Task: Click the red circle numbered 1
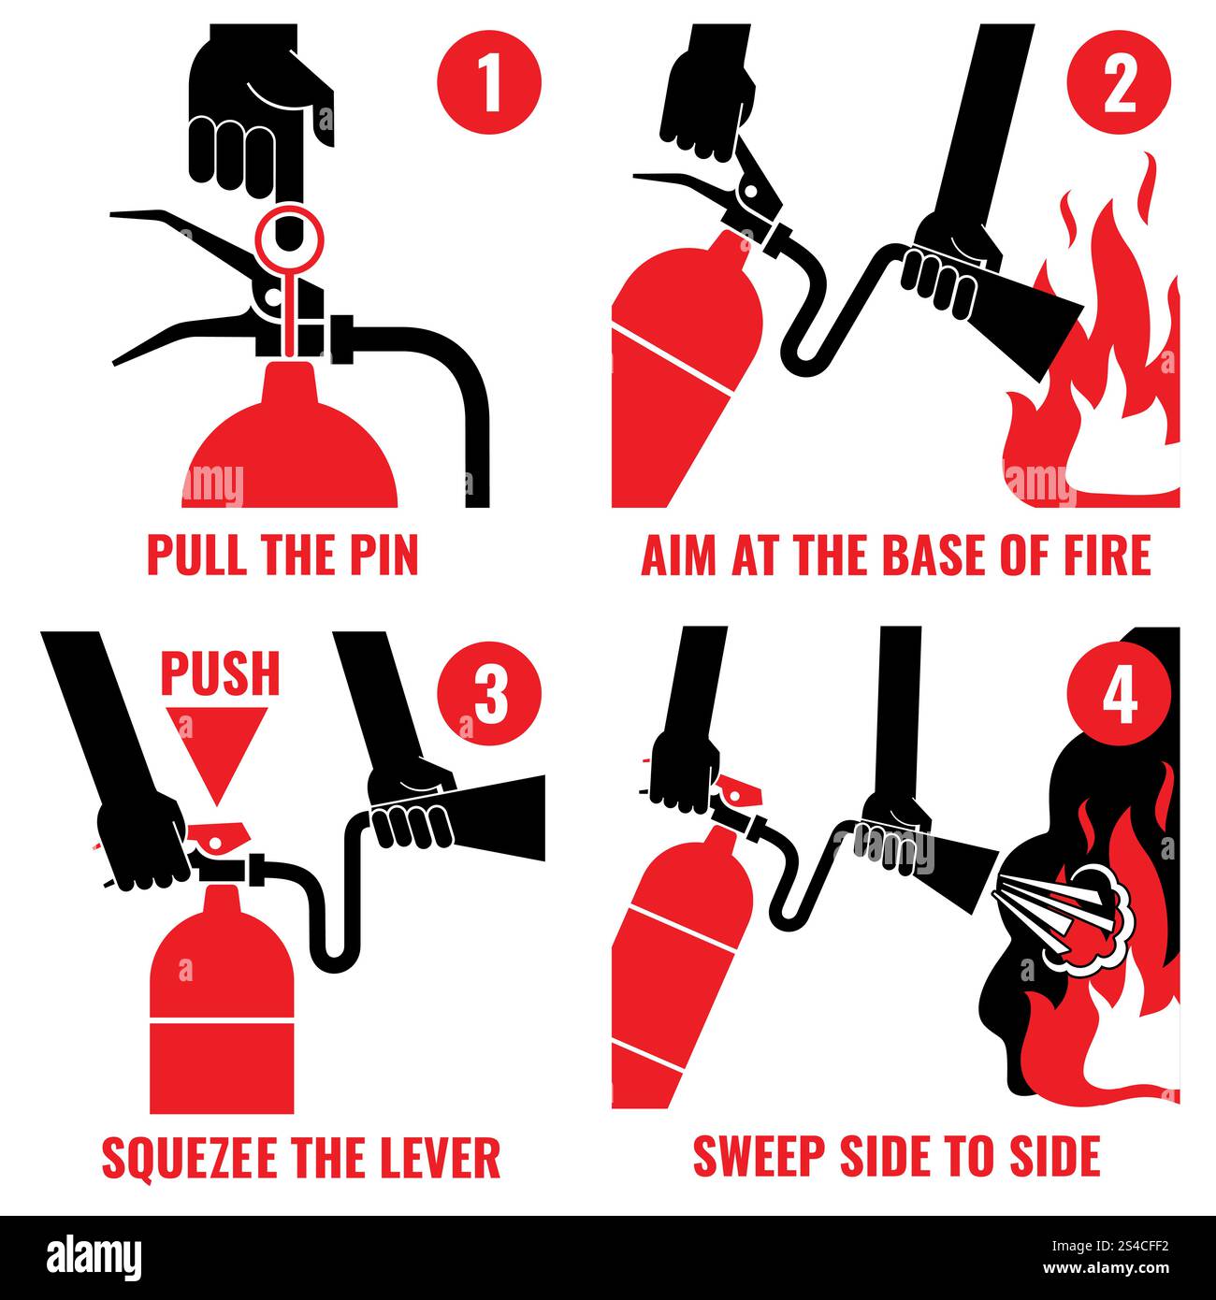coord(489,82)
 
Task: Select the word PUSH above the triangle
coord(220,672)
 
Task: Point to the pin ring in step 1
coord(291,237)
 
